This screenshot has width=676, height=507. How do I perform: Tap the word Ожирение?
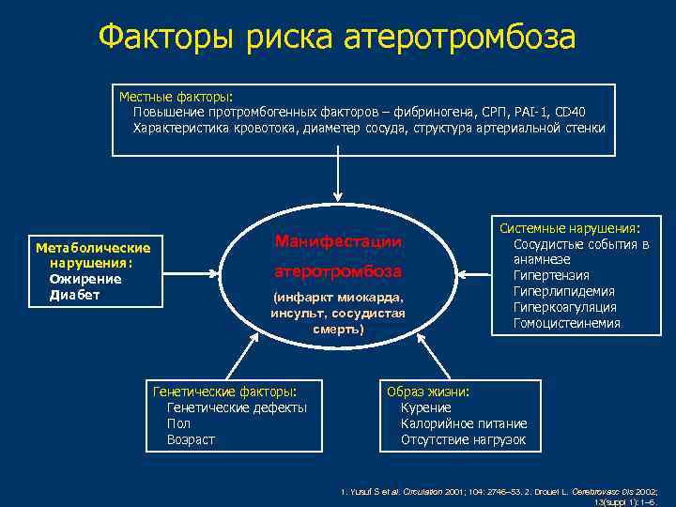coord(85,279)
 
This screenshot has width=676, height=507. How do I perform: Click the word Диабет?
coord(75,295)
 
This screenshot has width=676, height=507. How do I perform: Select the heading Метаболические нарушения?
coord(92,255)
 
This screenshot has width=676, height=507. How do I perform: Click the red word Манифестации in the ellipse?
coord(338,241)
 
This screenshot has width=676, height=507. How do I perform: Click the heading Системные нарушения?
coord(569,228)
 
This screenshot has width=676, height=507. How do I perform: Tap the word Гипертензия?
coord(551,275)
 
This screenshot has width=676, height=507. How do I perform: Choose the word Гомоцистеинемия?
coord(566,323)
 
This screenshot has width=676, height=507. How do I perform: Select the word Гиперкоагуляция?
coord(564,307)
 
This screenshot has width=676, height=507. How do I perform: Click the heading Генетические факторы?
coord(224,392)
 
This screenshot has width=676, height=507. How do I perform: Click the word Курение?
coord(425,407)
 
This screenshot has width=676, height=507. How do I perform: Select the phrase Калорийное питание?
coord(464,423)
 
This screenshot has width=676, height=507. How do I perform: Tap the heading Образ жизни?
coord(427,392)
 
